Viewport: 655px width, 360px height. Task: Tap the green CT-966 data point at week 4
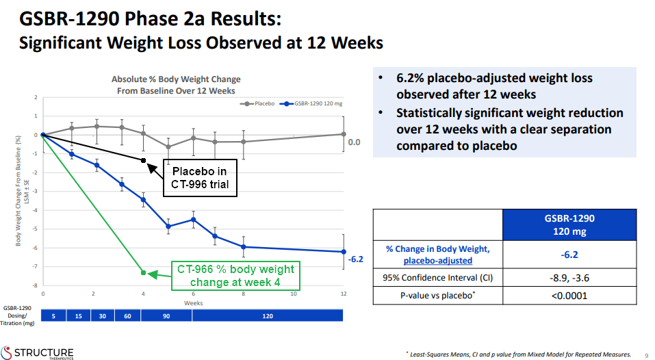tap(144, 273)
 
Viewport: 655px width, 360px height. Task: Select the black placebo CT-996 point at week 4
tap(144, 160)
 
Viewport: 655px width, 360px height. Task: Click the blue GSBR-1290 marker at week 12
tap(344, 252)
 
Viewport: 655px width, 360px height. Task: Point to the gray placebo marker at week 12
tap(344, 134)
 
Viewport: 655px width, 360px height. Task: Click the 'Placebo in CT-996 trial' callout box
tap(200, 178)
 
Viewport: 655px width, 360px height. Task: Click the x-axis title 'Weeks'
tap(193, 303)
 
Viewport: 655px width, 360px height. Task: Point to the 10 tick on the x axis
tap(294, 294)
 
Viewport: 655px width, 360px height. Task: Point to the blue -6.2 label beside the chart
tap(356, 259)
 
